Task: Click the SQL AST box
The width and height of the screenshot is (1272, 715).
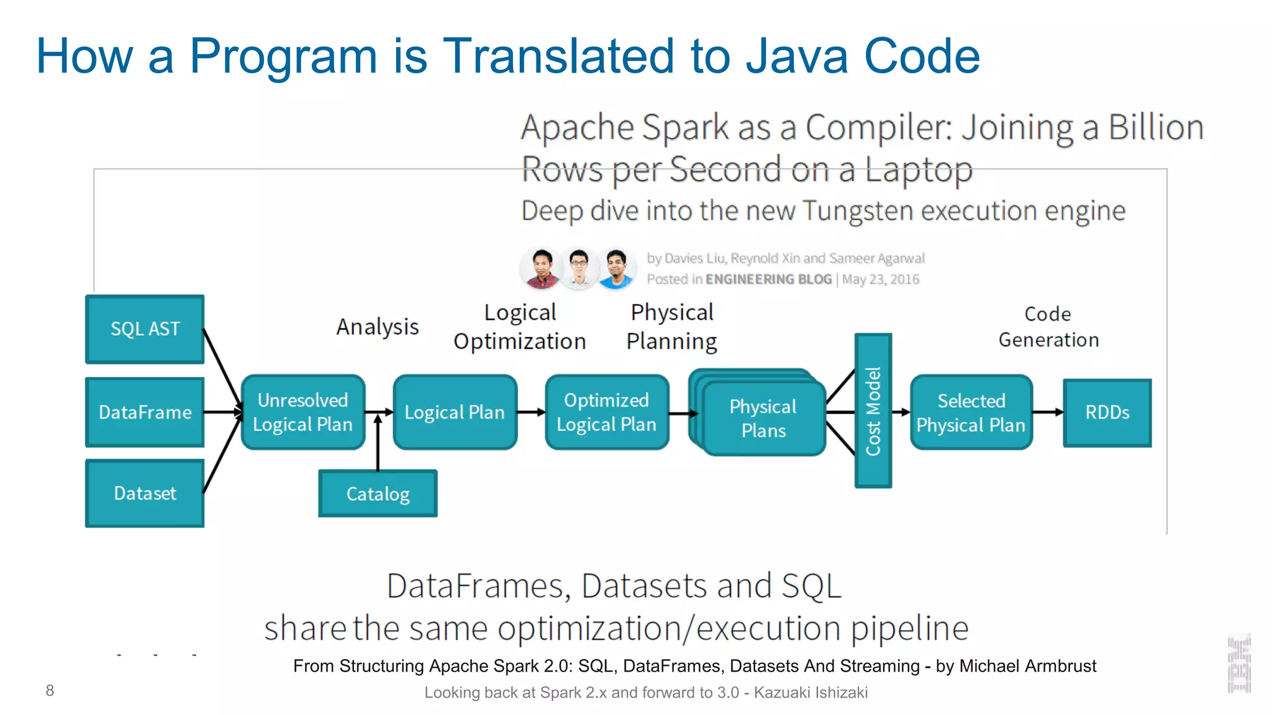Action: (145, 329)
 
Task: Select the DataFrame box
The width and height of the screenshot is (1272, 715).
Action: (145, 412)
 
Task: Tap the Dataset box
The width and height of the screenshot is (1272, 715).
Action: (145, 493)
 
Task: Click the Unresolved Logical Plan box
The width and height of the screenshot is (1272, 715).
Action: (302, 412)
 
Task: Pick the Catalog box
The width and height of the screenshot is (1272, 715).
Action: (378, 494)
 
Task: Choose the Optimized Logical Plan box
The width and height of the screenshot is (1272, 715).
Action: (606, 412)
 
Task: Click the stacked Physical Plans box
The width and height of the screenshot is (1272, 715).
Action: (763, 418)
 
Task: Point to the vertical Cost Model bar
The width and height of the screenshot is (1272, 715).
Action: (873, 411)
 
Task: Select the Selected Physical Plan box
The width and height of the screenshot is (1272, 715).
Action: (971, 412)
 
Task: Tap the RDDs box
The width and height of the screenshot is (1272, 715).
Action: (1107, 413)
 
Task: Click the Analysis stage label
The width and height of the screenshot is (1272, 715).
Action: (378, 326)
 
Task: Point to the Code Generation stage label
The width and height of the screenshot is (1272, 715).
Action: (1048, 327)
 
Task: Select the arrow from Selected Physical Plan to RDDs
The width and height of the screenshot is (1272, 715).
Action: (1048, 412)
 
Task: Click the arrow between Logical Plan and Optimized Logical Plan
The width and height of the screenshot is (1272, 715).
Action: (531, 412)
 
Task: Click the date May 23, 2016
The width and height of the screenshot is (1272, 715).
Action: (880, 280)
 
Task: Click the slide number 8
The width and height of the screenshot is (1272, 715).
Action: (50, 690)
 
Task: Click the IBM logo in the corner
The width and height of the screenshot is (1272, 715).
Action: (1238, 664)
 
